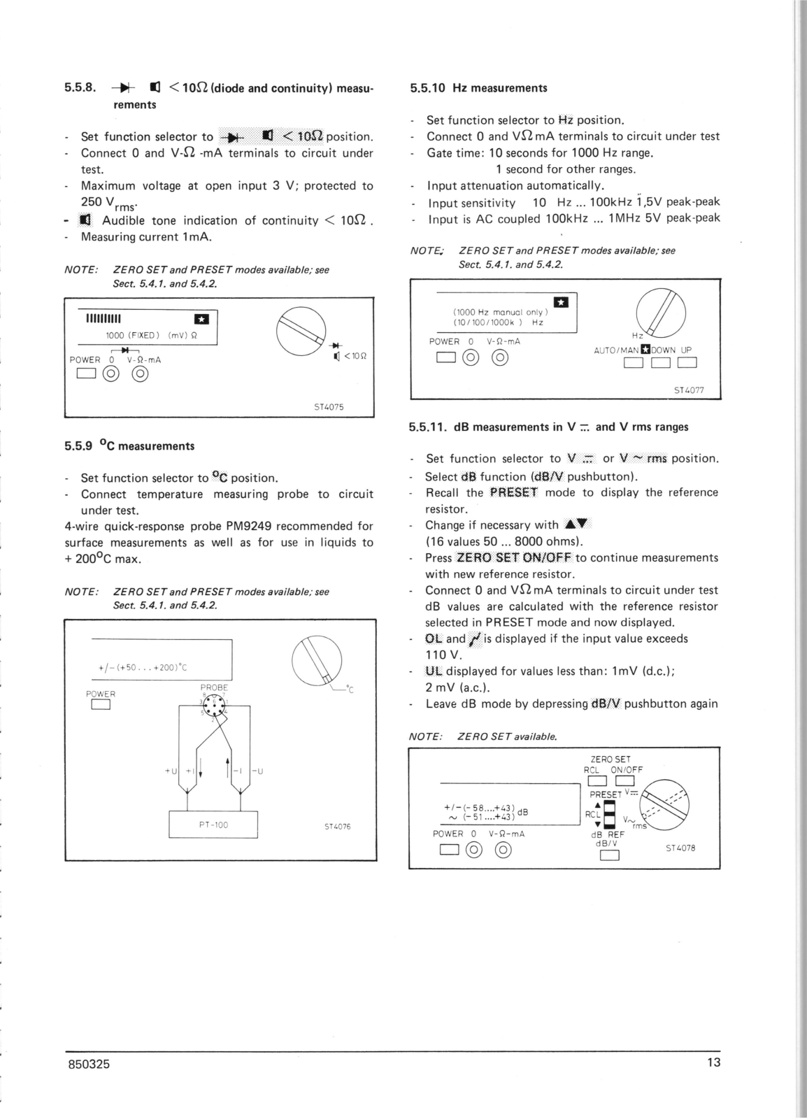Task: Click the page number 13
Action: (713, 1063)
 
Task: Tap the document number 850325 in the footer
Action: (87, 1064)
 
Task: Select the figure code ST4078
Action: (680, 848)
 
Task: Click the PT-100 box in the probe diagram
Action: (213, 825)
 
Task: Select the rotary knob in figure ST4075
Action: (301, 330)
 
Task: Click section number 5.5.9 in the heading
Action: (80, 446)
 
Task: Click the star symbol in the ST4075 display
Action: (201, 320)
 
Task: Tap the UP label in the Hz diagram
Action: (687, 350)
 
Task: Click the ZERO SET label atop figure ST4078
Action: (610, 759)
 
